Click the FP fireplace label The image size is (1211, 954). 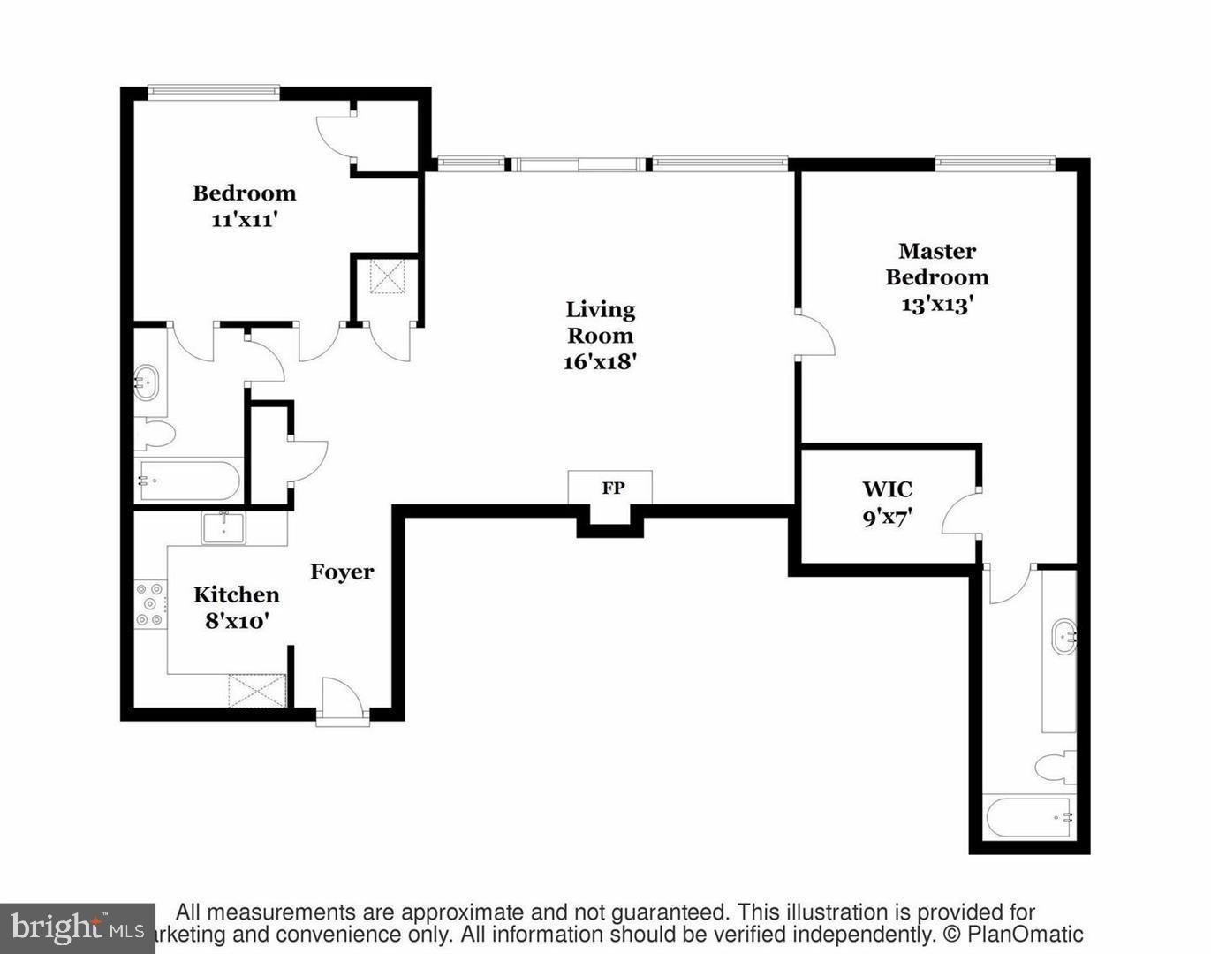(x=613, y=488)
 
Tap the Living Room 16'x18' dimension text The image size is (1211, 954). (x=600, y=361)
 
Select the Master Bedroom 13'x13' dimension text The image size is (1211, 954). (x=936, y=304)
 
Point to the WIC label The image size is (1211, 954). (x=887, y=489)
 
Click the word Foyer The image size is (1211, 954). (x=342, y=572)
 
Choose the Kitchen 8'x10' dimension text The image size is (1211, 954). (x=237, y=621)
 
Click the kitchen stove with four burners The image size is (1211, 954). (x=150, y=604)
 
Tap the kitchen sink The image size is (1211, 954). (x=224, y=528)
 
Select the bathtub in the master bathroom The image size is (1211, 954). (x=1029, y=817)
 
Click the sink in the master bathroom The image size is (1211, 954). (x=1063, y=635)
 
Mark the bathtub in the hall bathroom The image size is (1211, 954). (x=188, y=481)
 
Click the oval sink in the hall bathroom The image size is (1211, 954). (x=148, y=383)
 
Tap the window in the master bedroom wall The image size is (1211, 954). (x=995, y=162)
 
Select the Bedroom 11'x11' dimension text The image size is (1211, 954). (x=245, y=220)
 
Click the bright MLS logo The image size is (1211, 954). (x=78, y=928)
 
